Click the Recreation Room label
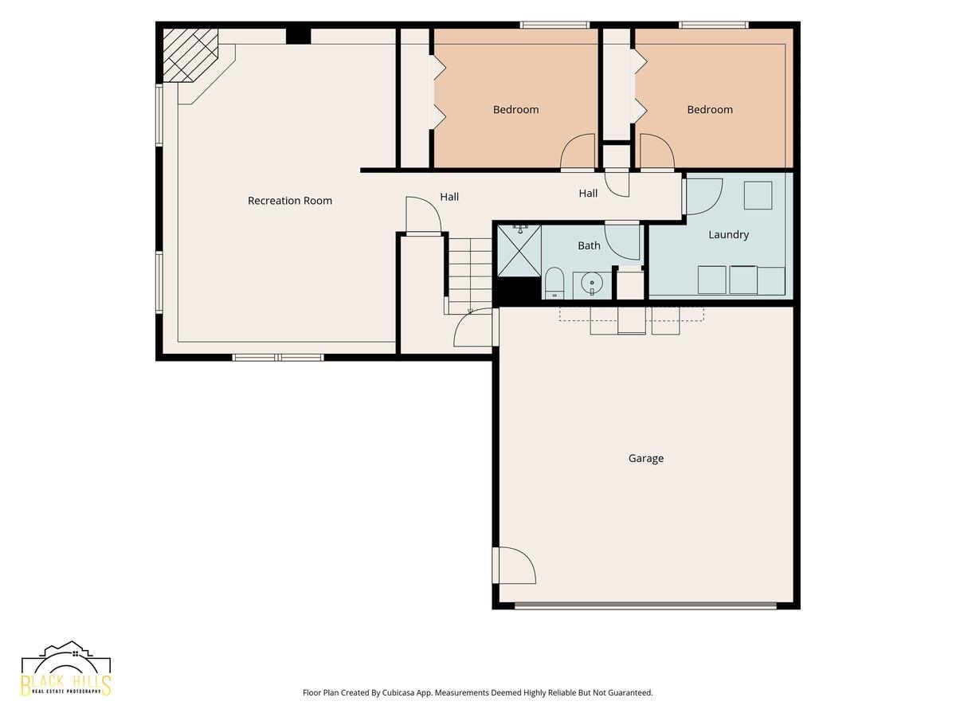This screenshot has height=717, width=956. point(290,201)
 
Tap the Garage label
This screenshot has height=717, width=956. point(646,458)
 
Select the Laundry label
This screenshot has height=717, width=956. point(729,235)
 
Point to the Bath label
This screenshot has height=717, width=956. point(589,245)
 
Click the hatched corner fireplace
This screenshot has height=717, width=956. point(190,55)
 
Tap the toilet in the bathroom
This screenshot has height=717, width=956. point(554,283)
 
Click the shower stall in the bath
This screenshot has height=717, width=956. point(519,250)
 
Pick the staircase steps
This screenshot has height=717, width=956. point(470,276)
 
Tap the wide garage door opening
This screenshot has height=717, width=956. point(645,605)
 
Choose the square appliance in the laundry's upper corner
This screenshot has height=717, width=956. point(758,195)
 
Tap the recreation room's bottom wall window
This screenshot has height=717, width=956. point(278,358)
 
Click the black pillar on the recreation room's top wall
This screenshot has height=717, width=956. point(298,36)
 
